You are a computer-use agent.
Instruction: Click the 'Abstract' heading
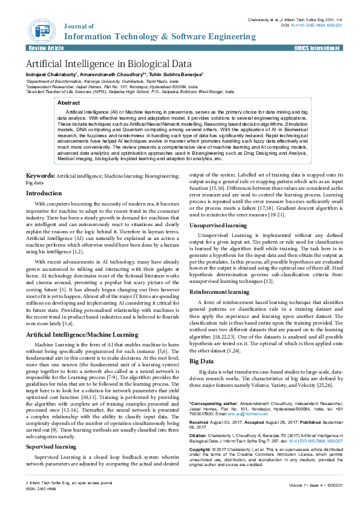68,103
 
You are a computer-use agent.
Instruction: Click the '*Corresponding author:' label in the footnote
212,402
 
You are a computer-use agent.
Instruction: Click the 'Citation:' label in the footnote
199,434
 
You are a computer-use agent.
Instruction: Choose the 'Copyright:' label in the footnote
201,450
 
